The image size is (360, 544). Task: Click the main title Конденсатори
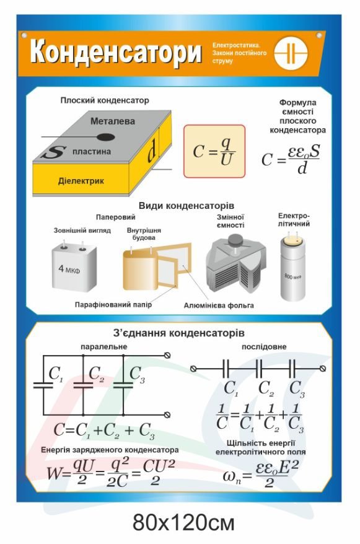point(115,53)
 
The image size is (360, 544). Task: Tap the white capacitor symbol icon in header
point(291,53)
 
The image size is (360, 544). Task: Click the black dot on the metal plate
point(105,138)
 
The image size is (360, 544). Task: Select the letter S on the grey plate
point(54,152)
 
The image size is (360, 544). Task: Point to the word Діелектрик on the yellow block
point(81,181)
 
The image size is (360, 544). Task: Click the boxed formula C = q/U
point(214,152)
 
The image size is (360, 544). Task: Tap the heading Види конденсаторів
point(187,206)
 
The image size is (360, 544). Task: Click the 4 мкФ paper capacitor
point(74,267)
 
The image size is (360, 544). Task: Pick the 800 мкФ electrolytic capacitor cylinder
point(292,268)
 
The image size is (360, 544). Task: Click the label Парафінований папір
point(113,305)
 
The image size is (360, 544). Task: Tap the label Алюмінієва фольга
point(219,305)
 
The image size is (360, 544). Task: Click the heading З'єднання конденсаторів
point(178,333)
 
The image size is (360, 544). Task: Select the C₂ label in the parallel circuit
point(96,374)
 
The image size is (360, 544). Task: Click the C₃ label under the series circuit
point(297,388)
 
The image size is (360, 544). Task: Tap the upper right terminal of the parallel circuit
point(167,355)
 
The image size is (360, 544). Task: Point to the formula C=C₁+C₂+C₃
point(103,431)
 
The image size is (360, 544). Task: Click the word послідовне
point(264,346)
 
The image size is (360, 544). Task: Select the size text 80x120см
point(183,523)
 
